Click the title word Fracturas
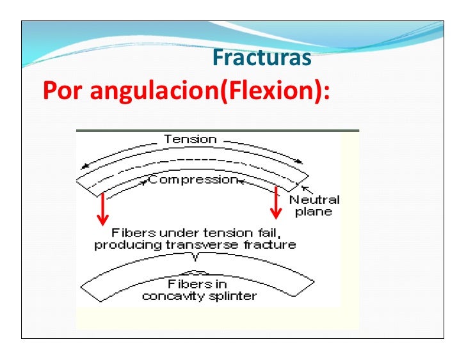(x=262, y=58)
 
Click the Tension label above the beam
(x=190, y=139)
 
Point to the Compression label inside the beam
(x=193, y=180)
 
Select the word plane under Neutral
(x=314, y=212)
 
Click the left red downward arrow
(x=101, y=211)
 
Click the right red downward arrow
(x=277, y=203)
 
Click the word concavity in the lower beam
(x=169, y=295)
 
